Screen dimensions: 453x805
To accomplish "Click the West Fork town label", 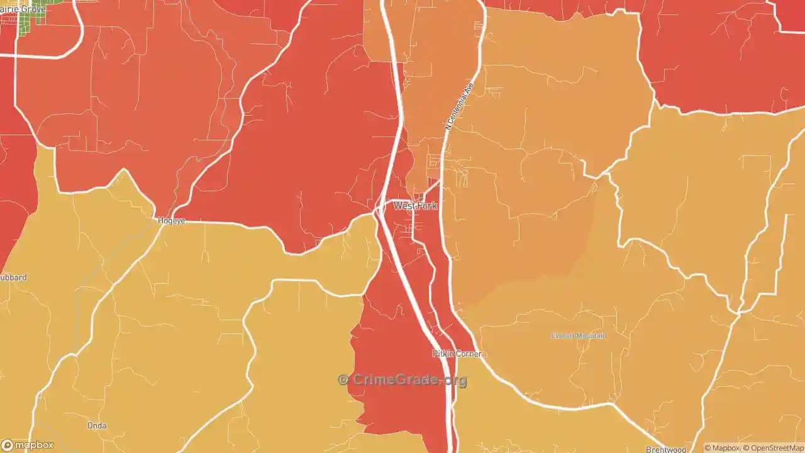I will pos(415,206).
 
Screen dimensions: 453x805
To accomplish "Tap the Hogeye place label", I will pos(171,221).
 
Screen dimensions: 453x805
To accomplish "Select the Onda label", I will pos(97,426).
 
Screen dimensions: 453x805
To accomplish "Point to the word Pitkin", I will pos(443,354).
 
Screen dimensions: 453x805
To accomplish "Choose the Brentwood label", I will pos(665,449).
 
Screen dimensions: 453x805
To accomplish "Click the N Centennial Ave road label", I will pos(458,105).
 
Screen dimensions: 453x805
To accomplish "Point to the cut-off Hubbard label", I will pos(13,277).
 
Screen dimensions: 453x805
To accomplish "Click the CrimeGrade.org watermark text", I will pos(409,380).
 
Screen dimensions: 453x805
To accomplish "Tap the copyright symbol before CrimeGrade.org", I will pos(343,379).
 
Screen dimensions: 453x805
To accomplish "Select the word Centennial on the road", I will pos(460,101).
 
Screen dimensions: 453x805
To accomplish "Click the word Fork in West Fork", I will pos(426,206).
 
